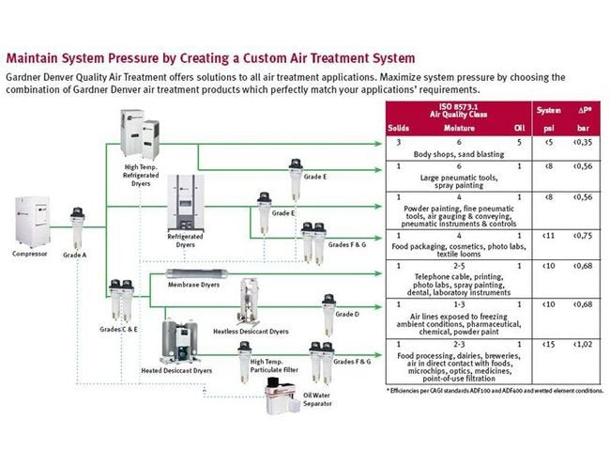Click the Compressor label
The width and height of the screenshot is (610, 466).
(x=29, y=253)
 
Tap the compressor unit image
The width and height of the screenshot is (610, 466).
(x=29, y=221)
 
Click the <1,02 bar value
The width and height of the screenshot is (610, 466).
(x=584, y=346)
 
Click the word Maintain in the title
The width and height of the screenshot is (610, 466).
(x=31, y=57)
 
